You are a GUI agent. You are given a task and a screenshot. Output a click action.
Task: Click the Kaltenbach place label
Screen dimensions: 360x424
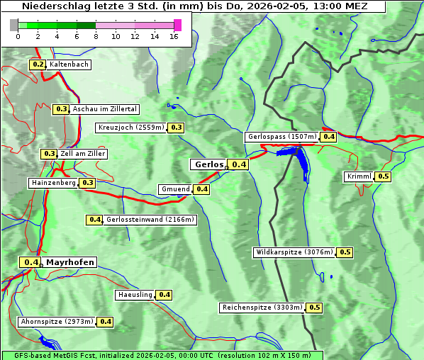(x=69, y=64)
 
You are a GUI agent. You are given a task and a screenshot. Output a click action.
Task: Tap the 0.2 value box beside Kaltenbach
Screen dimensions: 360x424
(x=37, y=64)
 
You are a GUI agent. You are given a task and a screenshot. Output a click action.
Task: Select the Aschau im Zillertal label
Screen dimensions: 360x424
(x=104, y=109)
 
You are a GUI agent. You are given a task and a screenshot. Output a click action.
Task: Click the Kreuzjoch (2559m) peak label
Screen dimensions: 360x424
(x=130, y=128)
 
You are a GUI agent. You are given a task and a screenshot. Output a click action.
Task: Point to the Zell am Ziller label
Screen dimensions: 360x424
(x=83, y=154)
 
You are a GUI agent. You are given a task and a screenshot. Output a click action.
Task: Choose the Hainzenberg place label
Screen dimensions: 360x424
(x=52, y=183)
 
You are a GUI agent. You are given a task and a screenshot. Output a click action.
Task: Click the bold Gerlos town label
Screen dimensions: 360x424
(x=208, y=164)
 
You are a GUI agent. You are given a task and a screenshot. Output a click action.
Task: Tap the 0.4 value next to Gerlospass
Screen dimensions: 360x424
(x=328, y=137)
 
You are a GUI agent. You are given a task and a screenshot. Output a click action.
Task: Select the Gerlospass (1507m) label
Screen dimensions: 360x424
(x=281, y=137)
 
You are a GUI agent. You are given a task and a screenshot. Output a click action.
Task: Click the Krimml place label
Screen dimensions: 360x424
(x=359, y=176)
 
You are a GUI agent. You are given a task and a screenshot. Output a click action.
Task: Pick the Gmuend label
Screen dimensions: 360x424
(x=175, y=189)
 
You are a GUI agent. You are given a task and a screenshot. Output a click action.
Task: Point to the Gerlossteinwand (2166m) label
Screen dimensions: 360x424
(x=150, y=220)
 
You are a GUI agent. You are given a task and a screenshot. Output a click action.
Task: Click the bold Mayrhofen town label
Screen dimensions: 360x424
(x=69, y=262)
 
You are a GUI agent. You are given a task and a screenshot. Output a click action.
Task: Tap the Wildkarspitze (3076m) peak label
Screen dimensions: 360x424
(x=294, y=252)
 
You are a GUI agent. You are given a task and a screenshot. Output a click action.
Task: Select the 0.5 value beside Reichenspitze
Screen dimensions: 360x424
(x=314, y=308)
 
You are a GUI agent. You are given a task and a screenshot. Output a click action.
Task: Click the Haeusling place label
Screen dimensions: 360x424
(x=135, y=295)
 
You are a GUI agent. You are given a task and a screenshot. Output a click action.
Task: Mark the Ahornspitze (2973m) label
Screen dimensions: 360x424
(x=57, y=322)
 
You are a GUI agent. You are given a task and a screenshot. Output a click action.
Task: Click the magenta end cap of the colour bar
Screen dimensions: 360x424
(x=177, y=26)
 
